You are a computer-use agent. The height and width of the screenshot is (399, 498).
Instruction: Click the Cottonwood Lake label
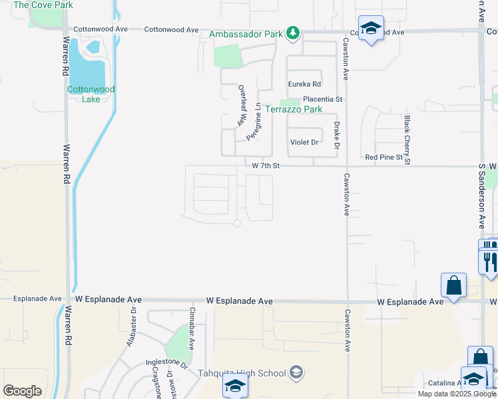click(x=91, y=94)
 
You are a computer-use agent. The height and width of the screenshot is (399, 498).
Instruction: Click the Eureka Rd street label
click(x=304, y=84)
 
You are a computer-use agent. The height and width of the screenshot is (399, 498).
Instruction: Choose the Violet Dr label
click(x=305, y=142)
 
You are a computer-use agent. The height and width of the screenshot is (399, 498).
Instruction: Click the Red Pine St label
click(x=384, y=158)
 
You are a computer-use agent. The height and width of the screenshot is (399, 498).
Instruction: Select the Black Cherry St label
click(x=407, y=139)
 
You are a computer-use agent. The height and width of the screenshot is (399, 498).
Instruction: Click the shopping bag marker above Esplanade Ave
click(x=453, y=285)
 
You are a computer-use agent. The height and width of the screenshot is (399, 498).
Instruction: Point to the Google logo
click(x=22, y=390)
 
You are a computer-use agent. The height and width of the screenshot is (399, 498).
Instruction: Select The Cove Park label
click(x=43, y=5)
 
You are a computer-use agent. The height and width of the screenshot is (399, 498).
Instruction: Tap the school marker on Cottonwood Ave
click(x=371, y=28)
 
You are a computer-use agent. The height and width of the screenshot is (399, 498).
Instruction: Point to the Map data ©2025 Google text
click(x=457, y=394)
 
